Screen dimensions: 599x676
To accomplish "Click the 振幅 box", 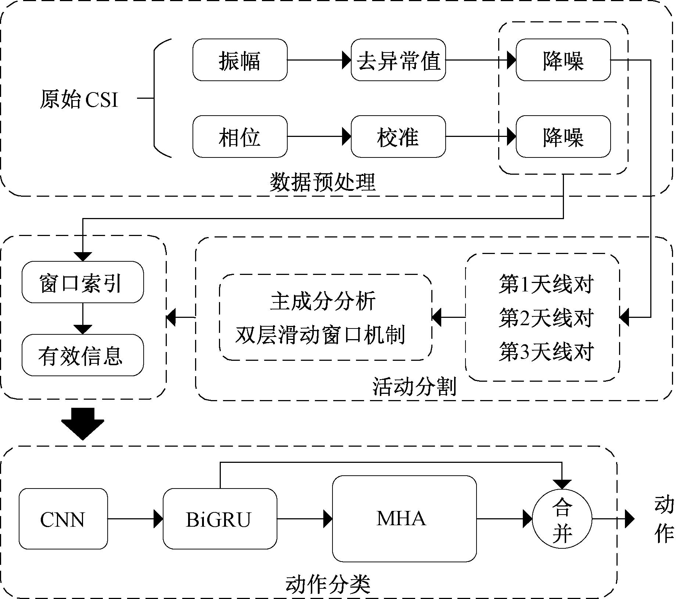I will pyautogui.click(x=240, y=60).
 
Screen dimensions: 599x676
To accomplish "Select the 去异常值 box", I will pyautogui.click(x=398, y=60).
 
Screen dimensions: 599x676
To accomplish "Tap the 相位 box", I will pyautogui.click(x=240, y=137).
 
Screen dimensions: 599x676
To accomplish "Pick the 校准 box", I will pyautogui.click(x=398, y=137).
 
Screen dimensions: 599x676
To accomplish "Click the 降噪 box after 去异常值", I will pyautogui.click(x=563, y=60).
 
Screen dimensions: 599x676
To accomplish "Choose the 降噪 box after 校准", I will pyautogui.click(x=563, y=137).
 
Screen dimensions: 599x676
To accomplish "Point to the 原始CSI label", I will pyautogui.click(x=79, y=99).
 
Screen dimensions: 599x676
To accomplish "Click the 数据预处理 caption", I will pyautogui.click(x=323, y=182).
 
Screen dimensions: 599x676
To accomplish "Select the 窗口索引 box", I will pyautogui.click(x=83, y=282).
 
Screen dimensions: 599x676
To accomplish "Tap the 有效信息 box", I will pyautogui.click(x=83, y=355).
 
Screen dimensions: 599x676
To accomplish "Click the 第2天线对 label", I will pyautogui.click(x=546, y=318).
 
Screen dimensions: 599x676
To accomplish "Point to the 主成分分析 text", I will pyautogui.click(x=323, y=301).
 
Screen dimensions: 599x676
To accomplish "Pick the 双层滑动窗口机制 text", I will pyautogui.click(x=320, y=335).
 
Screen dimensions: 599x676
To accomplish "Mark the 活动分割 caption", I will pyautogui.click(x=414, y=386).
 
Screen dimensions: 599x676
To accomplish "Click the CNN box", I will pyautogui.click(x=63, y=519).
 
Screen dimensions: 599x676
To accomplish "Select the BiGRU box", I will pyautogui.click(x=220, y=519).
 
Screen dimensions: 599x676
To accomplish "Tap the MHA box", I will pyautogui.click(x=404, y=518).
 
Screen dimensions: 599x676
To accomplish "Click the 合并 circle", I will pyautogui.click(x=562, y=519).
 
